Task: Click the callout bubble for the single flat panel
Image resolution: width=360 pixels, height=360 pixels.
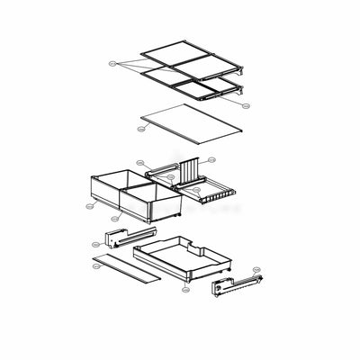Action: point(141,130)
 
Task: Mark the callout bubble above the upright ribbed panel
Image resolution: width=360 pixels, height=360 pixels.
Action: point(211,159)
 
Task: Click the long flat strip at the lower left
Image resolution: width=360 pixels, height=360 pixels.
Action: point(126,267)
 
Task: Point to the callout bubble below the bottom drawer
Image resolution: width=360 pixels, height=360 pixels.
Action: point(184,290)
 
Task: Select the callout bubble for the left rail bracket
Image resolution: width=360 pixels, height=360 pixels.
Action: point(94,241)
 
